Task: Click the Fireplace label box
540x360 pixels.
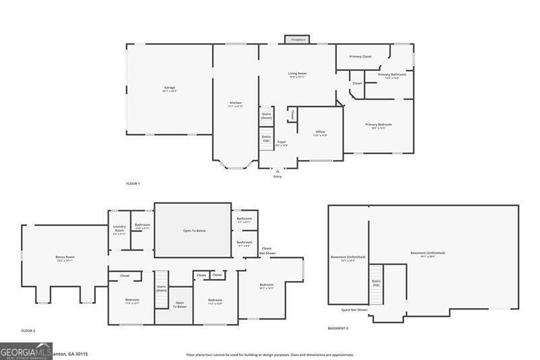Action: (x=298, y=40)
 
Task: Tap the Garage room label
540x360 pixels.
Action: (x=169, y=88)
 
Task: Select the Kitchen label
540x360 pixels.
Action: (x=235, y=103)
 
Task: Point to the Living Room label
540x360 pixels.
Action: (x=297, y=74)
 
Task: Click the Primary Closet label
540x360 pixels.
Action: (x=360, y=57)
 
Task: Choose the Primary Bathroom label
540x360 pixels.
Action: (x=392, y=75)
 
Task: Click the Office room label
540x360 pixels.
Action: (x=321, y=132)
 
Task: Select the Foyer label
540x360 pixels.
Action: (x=281, y=143)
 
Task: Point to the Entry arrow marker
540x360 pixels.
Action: (x=277, y=172)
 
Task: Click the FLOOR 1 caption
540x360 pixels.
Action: (x=133, y=184)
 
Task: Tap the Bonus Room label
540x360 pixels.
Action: (x=65, y=257)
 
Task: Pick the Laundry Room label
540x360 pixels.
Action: (x=119, y=230)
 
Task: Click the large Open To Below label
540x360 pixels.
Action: (x=194, y=230)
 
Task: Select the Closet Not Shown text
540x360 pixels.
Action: (x=267, y=251)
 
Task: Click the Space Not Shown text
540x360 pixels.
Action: (x=354, y=310)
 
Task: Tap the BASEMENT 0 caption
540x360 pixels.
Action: (x=338, y=328)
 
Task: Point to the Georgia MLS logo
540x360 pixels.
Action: (x=26, y=351)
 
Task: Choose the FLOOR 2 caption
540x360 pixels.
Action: (x=28, y=330)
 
